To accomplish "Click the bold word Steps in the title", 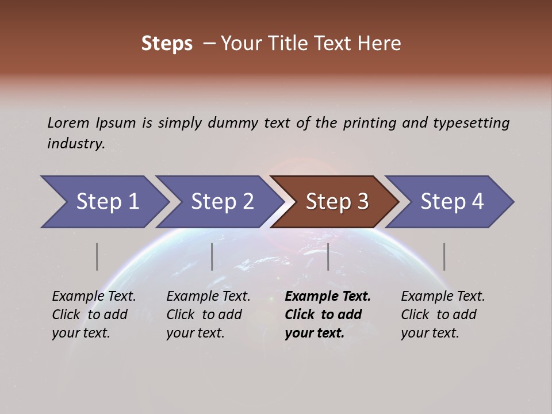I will pyautogui.click(x=167, y=44).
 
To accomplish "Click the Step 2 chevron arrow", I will pyautogui.click(x=220, y=202).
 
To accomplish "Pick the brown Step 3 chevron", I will pyautogui.click(x=335, y=202).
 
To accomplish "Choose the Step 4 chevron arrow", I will pyautogui.click(x=450, y=202).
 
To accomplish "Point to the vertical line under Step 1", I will pyautogui.click(x=97, y=256).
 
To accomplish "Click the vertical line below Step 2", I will pyautogui.click(x=212, y=256).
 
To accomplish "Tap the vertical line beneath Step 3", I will pyautogui.click(x=328, y=256).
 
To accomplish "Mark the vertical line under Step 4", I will pyautogui.click(x=444, y=256).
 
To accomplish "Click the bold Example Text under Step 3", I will pyautogui.click(x=328, y=297).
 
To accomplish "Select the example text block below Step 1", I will pyautogui.click(x=94, y=315).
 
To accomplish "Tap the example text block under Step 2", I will pyautogui.click(x=208, y=315).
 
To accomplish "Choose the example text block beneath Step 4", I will pyautogui.click(x=443, y=315).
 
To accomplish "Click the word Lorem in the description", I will pyautogui.click(x=68, y=123).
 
